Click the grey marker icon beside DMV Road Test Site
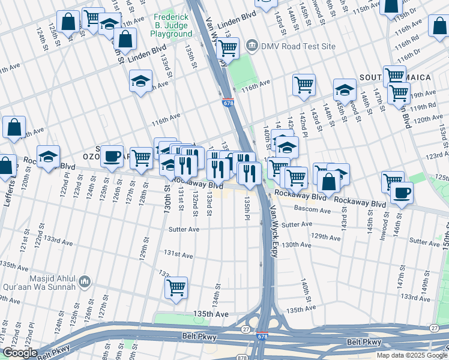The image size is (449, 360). point(252,46)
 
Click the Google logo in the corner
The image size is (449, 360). point(20,353)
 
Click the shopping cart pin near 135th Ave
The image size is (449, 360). point(176,287)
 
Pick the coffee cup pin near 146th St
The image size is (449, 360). point(402,193)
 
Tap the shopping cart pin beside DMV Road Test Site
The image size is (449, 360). point(228,48)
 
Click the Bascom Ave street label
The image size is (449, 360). point(313,211)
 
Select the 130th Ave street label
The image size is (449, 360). point(297,245)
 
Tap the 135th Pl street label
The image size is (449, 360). point(247,211)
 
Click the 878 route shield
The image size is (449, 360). point(242,358)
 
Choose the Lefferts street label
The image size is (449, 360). point(8,191)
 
